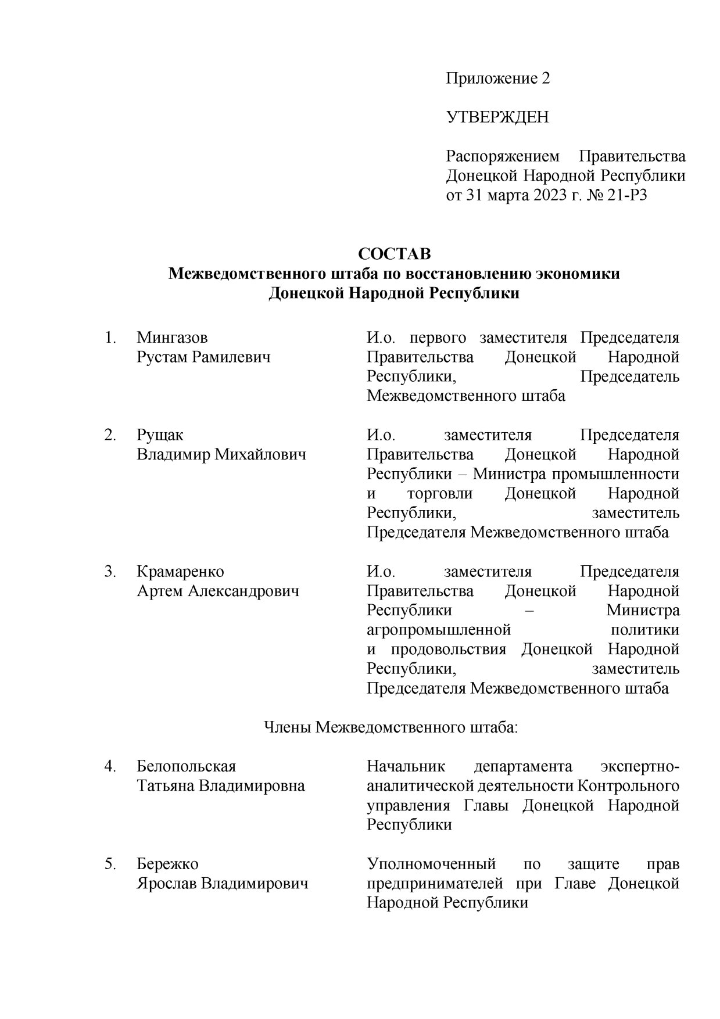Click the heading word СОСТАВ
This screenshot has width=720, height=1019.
tap(395, 254)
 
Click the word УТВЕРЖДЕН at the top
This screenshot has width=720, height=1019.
tap(497, 117)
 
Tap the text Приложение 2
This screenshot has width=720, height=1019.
tap(497, 78)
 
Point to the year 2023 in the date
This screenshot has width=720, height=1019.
tap(547, 195)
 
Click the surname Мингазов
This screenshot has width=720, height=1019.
tap(172, 337)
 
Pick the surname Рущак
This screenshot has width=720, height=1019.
tap(160, 435)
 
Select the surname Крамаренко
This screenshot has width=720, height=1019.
tap(180, 571)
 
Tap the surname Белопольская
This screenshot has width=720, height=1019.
tap(186, 766)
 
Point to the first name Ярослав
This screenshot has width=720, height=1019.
tap(166, 884)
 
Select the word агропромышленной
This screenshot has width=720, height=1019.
tap(438, 630)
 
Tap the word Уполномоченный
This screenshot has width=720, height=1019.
tap(431, 864)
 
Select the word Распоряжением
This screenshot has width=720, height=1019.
tap(503, 156)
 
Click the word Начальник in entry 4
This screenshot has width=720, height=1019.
tap(405, 766)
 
